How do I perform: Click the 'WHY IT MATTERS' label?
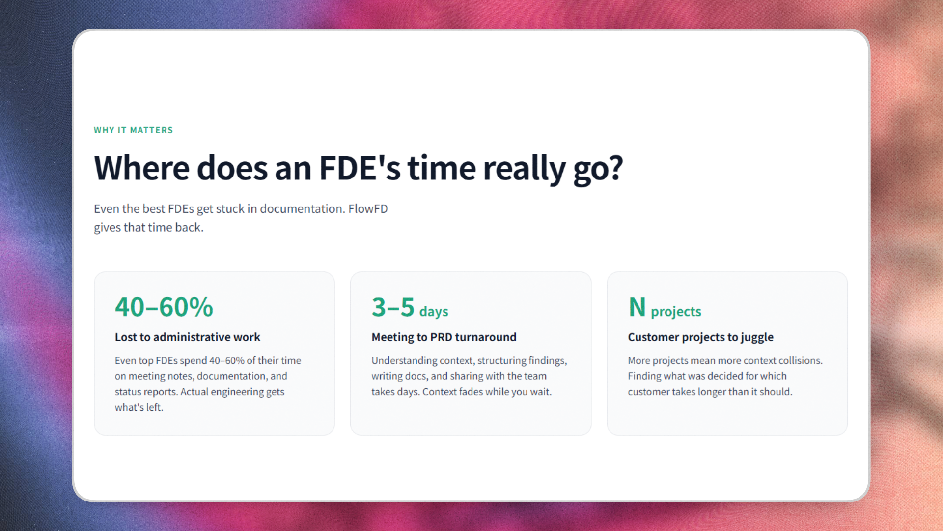133,130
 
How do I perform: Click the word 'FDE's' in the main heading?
360,168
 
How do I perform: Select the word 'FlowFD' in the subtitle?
368,209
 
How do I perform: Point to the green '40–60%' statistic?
164,307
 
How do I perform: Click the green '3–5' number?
393,307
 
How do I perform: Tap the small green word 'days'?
434,312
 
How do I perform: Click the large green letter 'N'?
637,307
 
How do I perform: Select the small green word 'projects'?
676,312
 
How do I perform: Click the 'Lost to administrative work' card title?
187,337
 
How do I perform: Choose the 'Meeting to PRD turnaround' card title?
444,337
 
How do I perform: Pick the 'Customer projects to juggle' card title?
700,337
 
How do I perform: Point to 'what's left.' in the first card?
139,407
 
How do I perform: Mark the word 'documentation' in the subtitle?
302,209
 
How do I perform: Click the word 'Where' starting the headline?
141,168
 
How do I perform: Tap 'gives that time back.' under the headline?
148,228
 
